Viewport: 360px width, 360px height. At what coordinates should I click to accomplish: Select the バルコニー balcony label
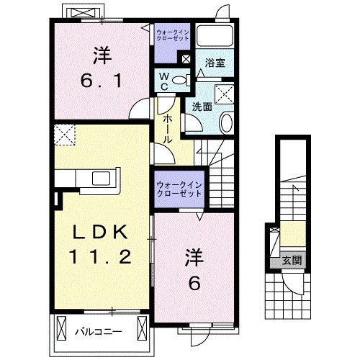tap(99, 332)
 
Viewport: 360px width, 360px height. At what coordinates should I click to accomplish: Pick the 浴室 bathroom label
tap(215, 62)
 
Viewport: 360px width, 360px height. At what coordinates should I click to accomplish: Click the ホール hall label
tap(166, 127)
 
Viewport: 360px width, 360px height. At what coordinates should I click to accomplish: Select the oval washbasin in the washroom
tap(225, 122)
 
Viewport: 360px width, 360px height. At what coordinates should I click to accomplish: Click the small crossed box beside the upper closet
tap(186, 61)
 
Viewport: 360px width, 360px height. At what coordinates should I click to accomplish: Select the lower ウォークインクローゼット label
tap(179, 189)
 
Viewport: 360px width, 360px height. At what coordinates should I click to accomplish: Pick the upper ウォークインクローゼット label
tap(174, 35)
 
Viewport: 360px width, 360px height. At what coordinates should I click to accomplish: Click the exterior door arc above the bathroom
tap(224, 14)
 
